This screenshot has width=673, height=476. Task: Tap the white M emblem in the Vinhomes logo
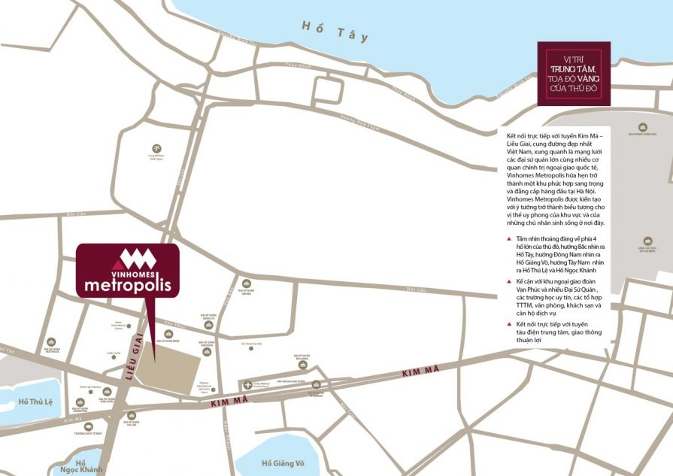point(138,259)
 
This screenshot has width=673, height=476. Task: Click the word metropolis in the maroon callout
point(128,285)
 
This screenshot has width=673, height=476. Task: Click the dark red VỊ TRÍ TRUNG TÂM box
point(574,73)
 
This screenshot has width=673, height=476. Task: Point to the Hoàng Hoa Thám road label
point(357,117)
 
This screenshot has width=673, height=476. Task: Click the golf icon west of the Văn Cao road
point(156,148)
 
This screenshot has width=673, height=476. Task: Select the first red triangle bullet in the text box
point(509,238)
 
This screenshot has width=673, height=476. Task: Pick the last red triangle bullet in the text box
point(509,323)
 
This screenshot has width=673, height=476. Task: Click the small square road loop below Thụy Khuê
point(327,89)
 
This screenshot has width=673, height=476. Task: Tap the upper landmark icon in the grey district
point(643,127)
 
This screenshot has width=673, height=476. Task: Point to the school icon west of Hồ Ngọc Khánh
point(89,426)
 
